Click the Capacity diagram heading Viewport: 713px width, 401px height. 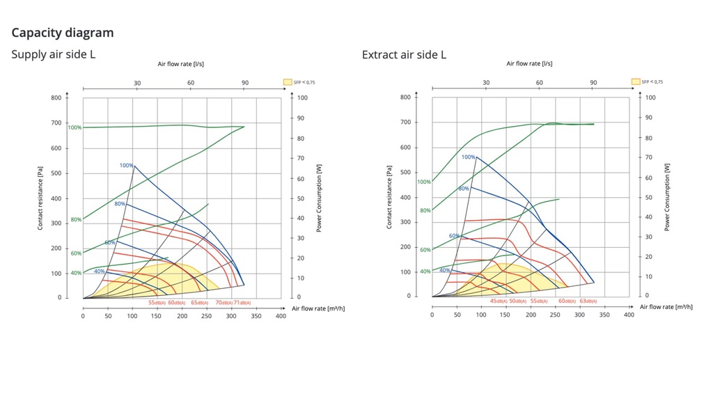tap(63, 33)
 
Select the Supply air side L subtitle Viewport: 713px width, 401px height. tap(54, 54)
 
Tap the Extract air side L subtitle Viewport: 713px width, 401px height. tap(404, 54)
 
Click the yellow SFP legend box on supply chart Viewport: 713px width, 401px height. tap(288, 81)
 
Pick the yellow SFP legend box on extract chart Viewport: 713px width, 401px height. tap(636, 81)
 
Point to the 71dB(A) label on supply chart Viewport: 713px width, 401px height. tap(242, 303)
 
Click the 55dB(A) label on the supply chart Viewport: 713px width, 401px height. tap(157, 303)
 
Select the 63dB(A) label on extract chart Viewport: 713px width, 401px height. tap(587, 301)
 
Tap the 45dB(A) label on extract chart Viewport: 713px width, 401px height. tap(499, 301)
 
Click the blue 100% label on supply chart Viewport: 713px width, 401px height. tap(126, 166)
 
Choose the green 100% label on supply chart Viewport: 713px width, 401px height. tap(75, 127)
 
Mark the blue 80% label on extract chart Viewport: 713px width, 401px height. tap(464, 189)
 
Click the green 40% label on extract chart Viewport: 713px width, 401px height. tap(425, 271)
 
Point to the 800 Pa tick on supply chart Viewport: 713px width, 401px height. tap(56, 97)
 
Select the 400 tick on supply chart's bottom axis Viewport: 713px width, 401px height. tap(281, 316)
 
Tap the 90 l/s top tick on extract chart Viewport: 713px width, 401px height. tap(593, 83)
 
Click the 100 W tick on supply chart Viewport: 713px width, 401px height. tap(303, 98)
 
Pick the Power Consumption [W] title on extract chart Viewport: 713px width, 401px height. tap(666, 197)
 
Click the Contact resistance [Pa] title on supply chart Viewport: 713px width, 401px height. tap(40, 198)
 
